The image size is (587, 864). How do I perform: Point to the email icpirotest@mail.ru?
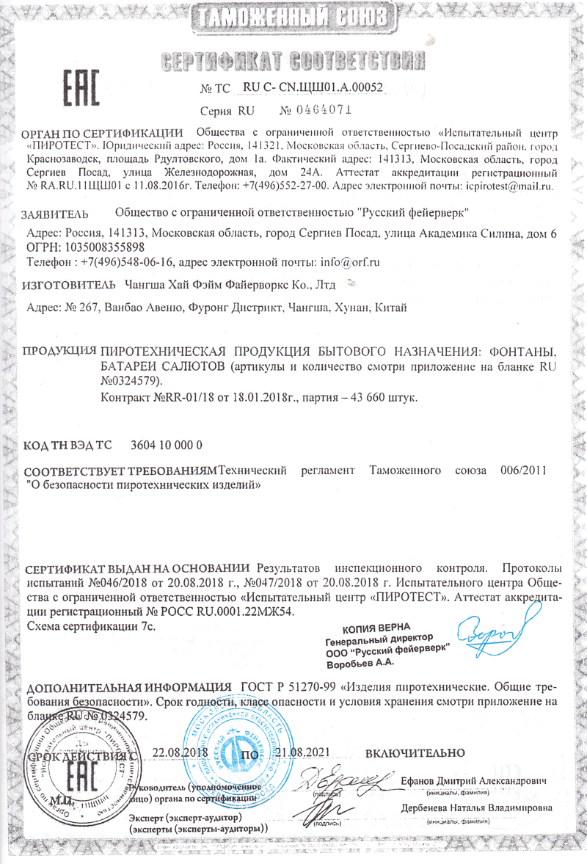tap(509, 186)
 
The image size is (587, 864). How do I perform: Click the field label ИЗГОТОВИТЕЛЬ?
tap(69, 283)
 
